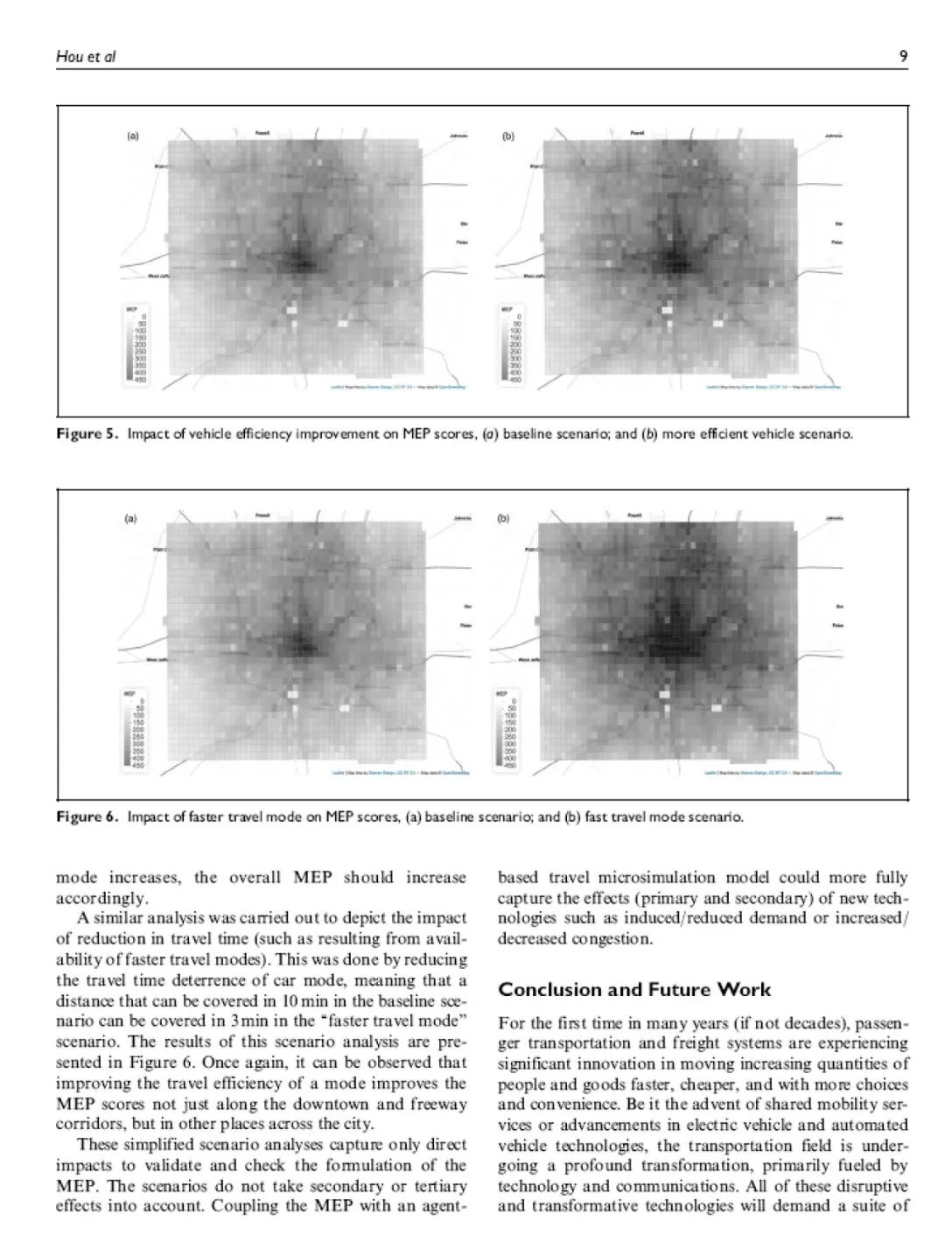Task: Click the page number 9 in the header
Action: click(903, 58)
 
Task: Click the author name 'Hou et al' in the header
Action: click(86, 58)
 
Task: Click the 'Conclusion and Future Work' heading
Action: click(634, 990)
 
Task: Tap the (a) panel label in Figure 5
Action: click(133, 137)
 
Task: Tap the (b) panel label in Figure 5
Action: click(507, 137)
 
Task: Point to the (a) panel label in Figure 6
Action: click(129, 518)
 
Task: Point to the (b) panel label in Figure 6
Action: click(503, 518)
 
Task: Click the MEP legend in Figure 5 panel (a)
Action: click(136, 345)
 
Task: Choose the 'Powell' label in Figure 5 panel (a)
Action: click(262, 133)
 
